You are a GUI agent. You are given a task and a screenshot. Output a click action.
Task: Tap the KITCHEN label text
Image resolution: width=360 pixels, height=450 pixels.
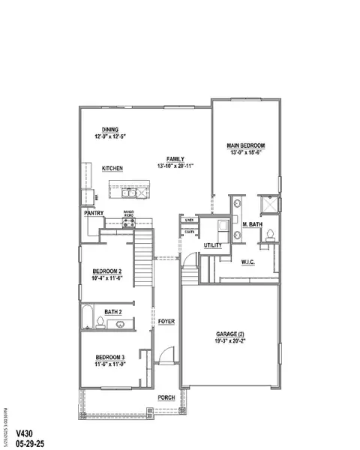tap(112, 169)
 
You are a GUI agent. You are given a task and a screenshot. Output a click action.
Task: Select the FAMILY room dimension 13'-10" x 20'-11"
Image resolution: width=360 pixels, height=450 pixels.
tap(176, 166)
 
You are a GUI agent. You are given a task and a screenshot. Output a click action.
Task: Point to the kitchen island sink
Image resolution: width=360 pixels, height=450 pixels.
tap(133, 193)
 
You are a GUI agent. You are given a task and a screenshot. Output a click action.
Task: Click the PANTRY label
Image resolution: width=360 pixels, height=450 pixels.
tap(94, 212)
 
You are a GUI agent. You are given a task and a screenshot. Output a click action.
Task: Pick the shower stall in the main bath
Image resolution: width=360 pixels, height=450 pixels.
tap(268, 205)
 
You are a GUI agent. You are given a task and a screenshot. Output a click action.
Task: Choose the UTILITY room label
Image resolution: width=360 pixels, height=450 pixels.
tap(214, 245)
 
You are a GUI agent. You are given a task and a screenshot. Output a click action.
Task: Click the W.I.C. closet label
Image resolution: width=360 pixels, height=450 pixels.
tap(250, 262)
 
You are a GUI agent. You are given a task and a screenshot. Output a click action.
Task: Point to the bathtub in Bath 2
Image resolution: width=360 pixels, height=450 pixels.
tap(88, 317)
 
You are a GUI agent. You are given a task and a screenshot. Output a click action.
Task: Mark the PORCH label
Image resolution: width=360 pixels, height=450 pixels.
tap(166, 397)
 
